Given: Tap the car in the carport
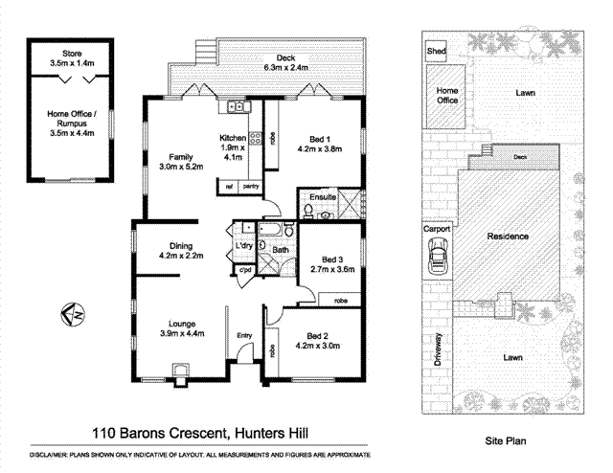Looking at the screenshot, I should (439, 258).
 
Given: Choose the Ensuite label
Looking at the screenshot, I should (323, 197).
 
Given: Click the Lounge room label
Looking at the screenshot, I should (182, 327).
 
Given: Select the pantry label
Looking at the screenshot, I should (252, 187).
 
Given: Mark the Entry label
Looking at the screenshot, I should (245, 335).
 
